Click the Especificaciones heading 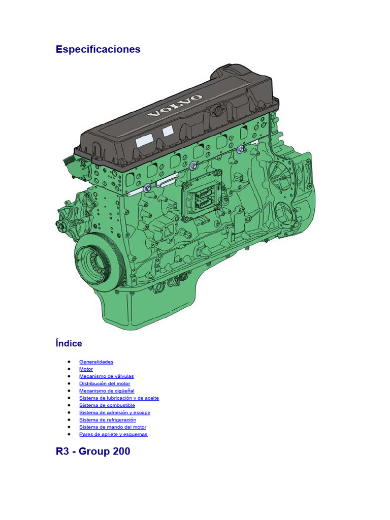98,49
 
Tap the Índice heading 69,343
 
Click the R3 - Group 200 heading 93,451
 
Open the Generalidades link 96,362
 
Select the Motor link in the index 86,369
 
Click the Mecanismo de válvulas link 107,376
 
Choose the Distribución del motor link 105,384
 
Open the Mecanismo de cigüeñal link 107,391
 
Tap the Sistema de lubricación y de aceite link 119,398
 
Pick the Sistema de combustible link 107,405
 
